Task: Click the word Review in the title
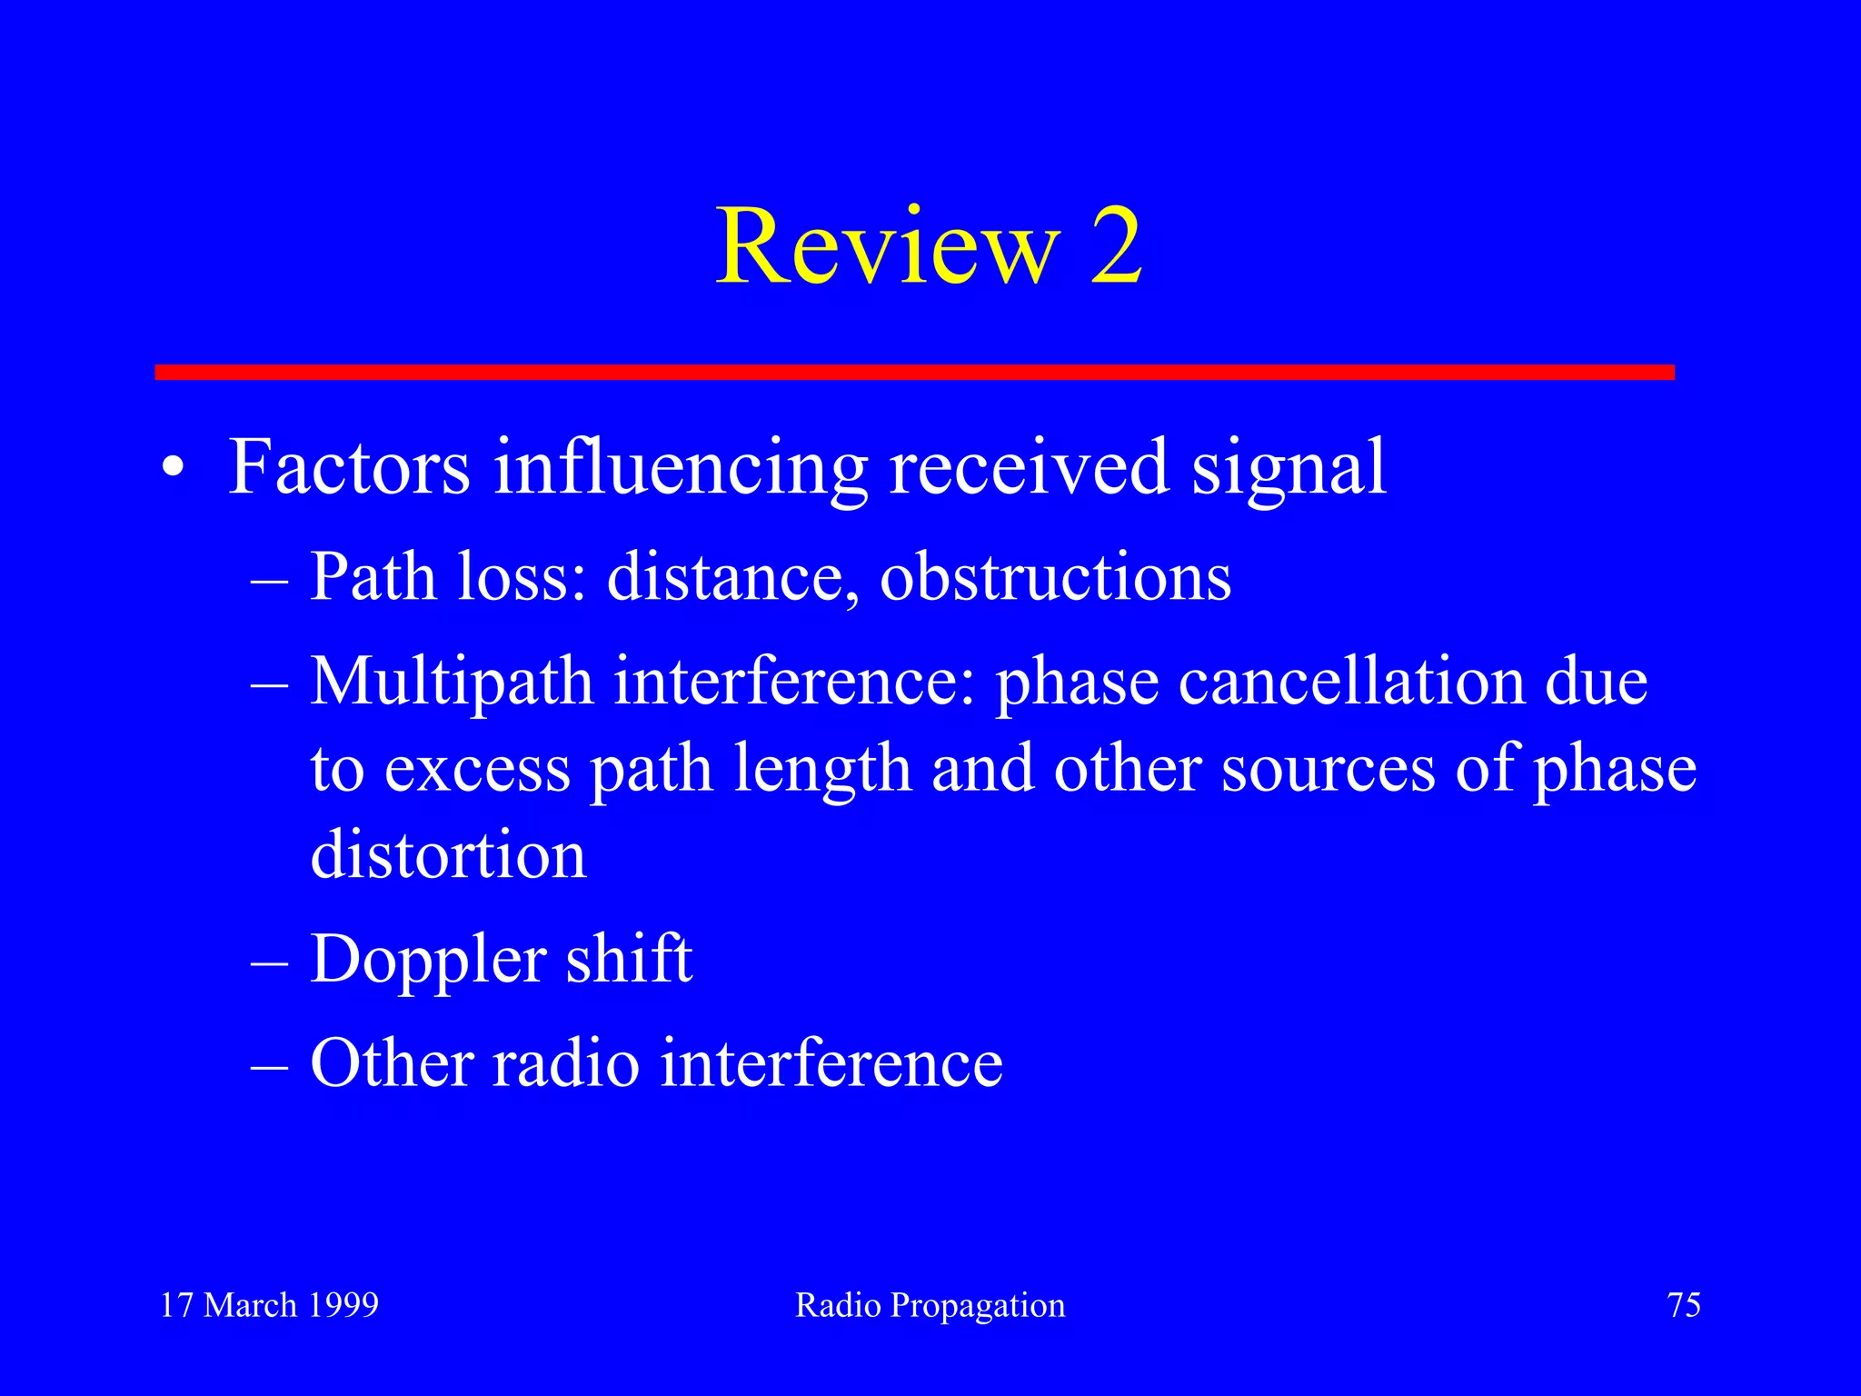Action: point(888,247)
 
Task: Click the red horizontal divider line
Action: point(914,372)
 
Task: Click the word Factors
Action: point(349,467)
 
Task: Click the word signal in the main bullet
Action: point(1288,469)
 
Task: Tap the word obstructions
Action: point(1055,578)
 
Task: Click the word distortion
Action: point(448,856)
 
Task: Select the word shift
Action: point(629,960)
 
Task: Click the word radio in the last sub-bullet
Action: point(566,1063)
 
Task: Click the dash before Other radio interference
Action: point(269,1065)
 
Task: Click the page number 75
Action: point(1684,1305)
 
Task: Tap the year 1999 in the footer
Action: point(343,1305)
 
